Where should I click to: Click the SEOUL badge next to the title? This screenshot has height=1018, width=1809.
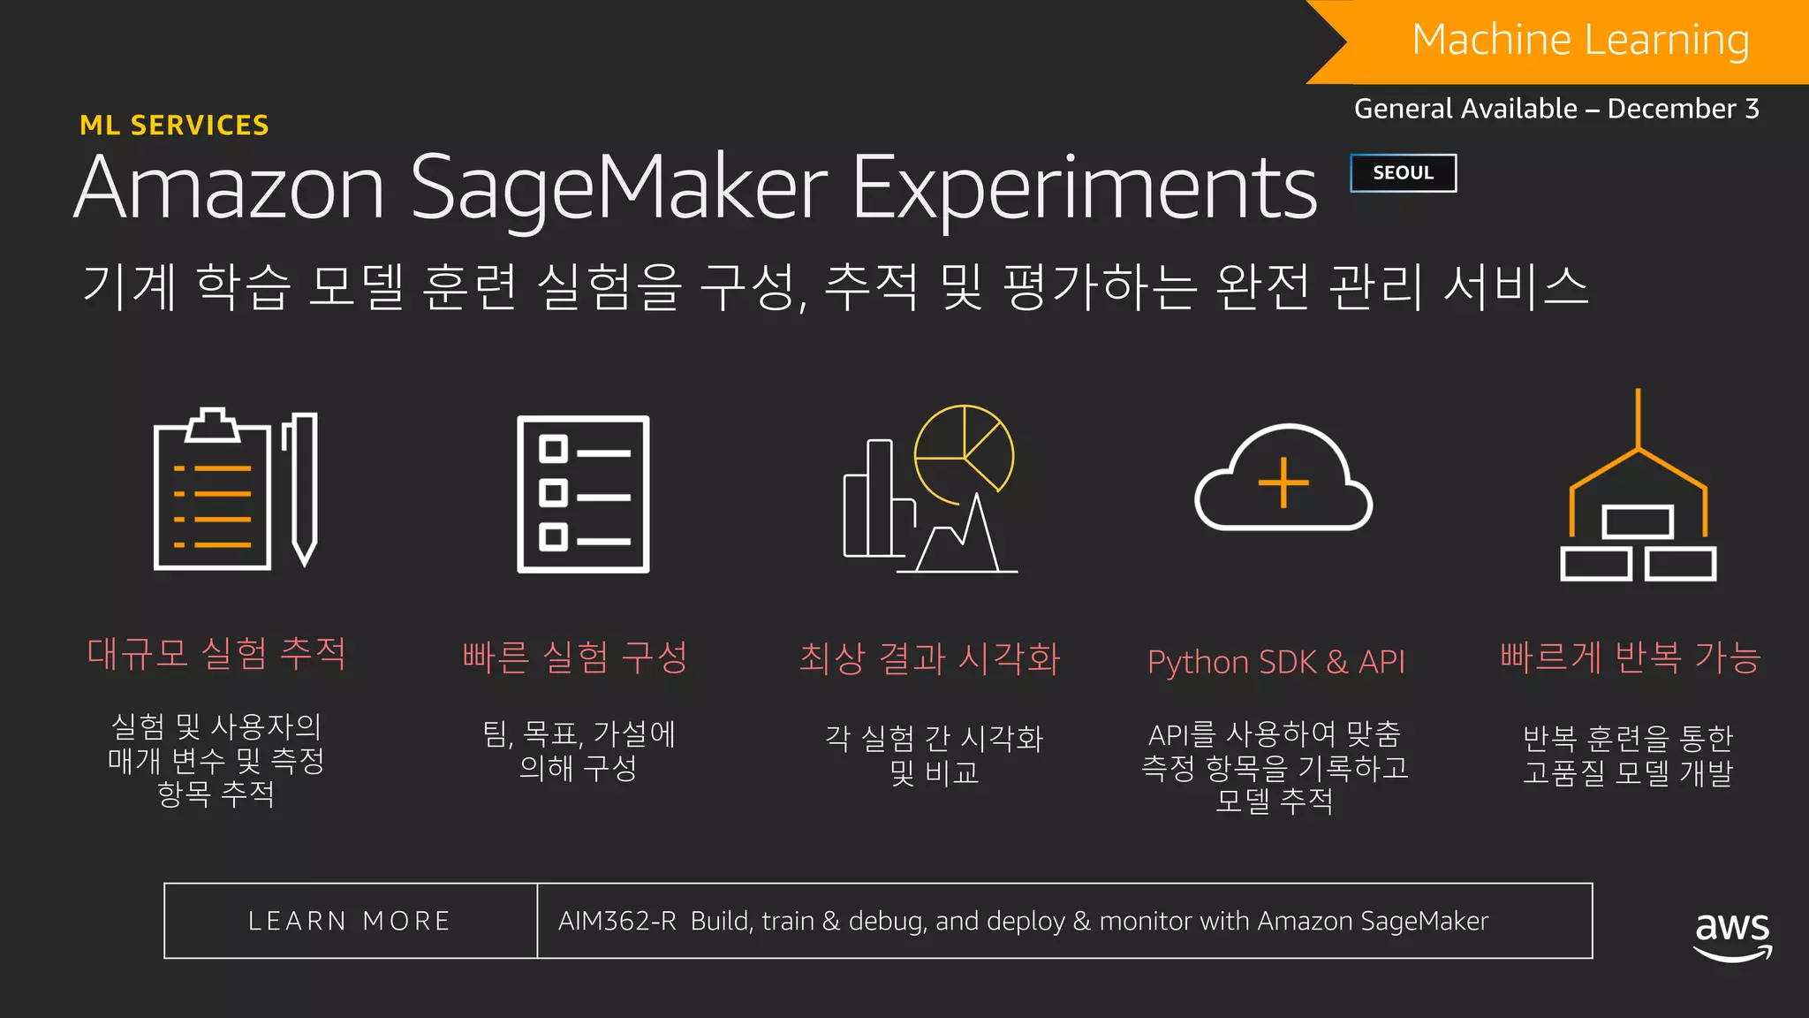click(1403, 173)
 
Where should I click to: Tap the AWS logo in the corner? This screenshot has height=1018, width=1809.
click(1732, 935)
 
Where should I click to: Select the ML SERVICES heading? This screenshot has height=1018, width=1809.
click(174, 125)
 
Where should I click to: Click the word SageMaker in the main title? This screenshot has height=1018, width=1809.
click(618, 188)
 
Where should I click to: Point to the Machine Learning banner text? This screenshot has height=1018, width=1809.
click(1580, 40)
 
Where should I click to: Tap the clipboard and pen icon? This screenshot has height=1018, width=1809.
click(235, 490)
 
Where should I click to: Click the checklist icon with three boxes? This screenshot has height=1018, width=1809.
click(583, 494)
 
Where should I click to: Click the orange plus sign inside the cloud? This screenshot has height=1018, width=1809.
click(1283, 483)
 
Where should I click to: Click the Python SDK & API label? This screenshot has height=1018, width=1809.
click(1275, 662)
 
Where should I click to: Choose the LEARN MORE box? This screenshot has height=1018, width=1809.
click(351, 921)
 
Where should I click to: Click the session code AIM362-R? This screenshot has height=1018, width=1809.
click(617, 921)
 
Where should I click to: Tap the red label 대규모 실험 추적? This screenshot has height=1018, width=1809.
click(216, 654)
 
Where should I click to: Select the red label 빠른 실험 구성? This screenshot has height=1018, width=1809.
click(575, 657)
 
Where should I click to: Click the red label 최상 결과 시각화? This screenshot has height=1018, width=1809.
click(929, 658)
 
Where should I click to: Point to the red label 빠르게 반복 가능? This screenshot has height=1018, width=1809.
click(1631, 657)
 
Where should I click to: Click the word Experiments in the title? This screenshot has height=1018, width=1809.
click(1084, 188)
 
